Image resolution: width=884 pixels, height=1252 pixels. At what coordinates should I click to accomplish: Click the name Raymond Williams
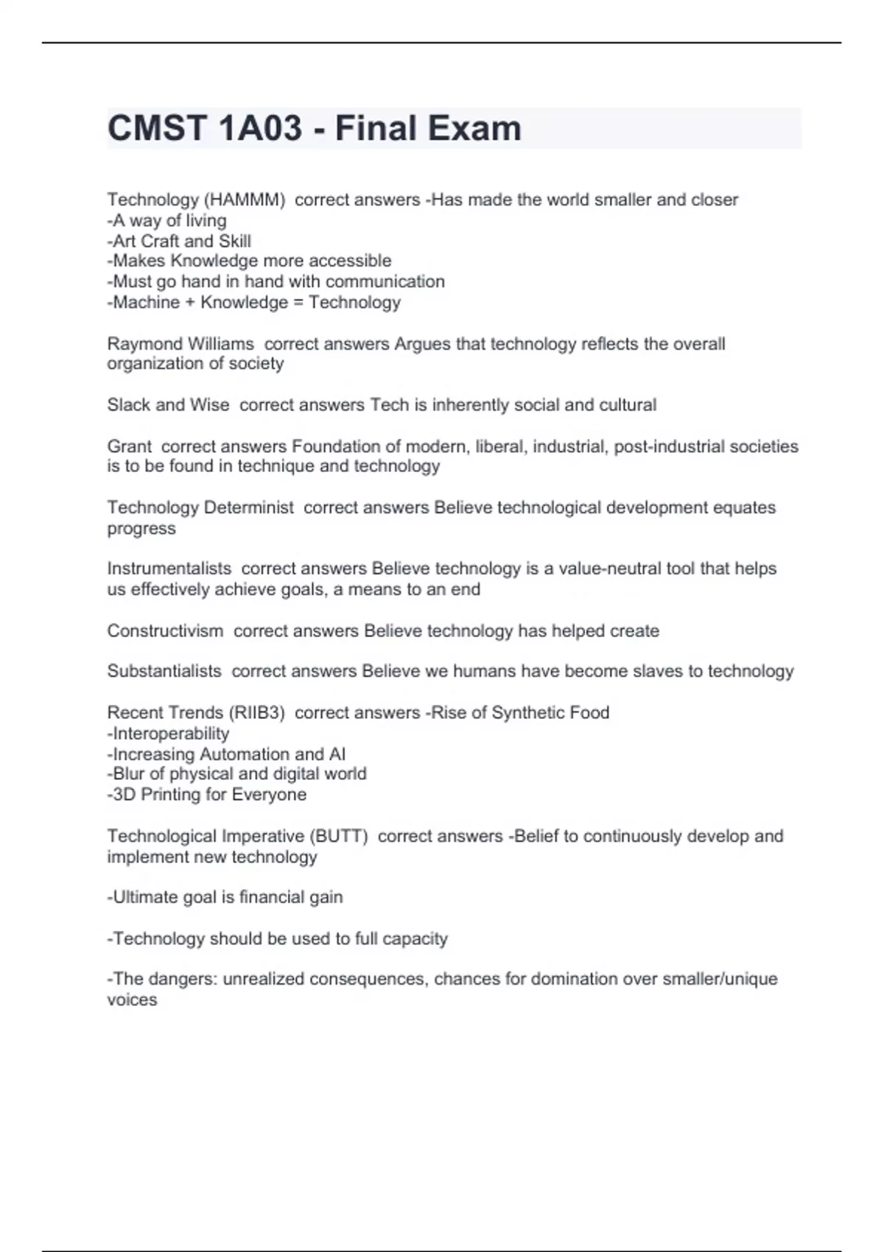(x=180, y=344)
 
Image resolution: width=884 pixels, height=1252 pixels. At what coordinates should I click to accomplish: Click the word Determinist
(x=248, y=507)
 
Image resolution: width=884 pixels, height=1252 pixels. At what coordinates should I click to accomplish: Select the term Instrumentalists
(x=169, y=569)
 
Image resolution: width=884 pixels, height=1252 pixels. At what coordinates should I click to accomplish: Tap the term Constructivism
(x=165, y=631)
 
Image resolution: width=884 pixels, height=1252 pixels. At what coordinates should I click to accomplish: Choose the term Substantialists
(x=164, y=671)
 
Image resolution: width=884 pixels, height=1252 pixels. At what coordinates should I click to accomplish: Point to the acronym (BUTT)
(x=338, y=837)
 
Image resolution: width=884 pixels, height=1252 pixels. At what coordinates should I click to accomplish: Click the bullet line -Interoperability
(x=169, y=734)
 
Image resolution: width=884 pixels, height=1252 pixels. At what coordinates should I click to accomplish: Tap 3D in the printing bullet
(x=124, y=795)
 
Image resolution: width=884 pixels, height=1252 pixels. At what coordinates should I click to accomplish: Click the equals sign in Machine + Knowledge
(x=298, y=303)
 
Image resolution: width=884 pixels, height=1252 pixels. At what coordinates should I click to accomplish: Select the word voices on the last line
(x=132, y=1000)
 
